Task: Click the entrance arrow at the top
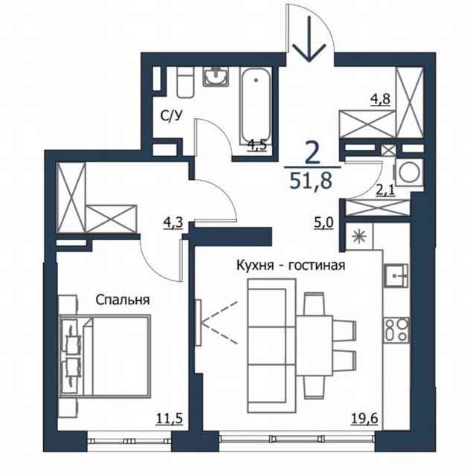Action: (310, 39)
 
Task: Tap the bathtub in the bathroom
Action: (256, 106)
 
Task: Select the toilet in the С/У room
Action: (185, 82)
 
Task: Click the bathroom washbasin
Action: (216, 77)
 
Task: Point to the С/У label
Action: (172, 116)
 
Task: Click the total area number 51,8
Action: (311, 181)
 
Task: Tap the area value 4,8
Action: (380, 99)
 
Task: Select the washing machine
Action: (408, 173)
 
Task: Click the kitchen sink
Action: (396, 275)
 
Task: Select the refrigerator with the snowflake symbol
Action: (359, 236)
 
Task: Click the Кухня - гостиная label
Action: (291, 266)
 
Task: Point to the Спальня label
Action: (123, 300)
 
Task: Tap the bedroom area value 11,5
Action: (170, 419)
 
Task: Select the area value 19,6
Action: (364, 419)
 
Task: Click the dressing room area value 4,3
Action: (173, 224)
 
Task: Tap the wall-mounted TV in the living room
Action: (198, 323)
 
